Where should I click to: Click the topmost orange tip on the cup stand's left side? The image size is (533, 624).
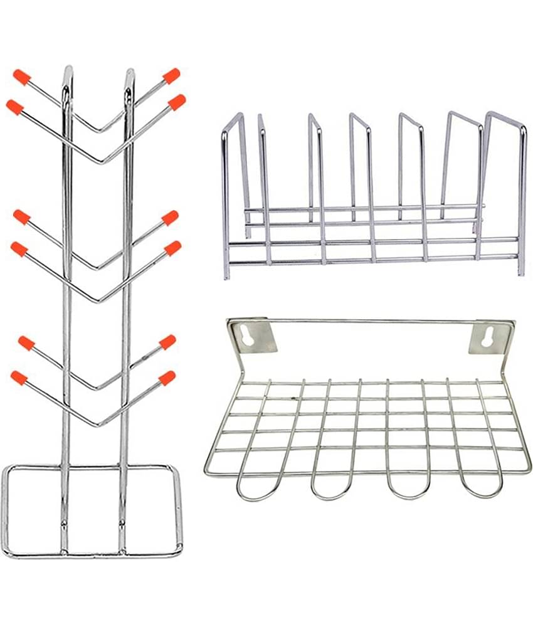[22, 78]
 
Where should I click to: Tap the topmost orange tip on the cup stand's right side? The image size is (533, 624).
[171, 75]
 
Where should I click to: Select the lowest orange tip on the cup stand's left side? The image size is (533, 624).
[19, 378]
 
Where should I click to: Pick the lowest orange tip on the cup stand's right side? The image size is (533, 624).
[167, 378]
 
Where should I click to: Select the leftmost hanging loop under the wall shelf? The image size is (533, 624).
[257, 486]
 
